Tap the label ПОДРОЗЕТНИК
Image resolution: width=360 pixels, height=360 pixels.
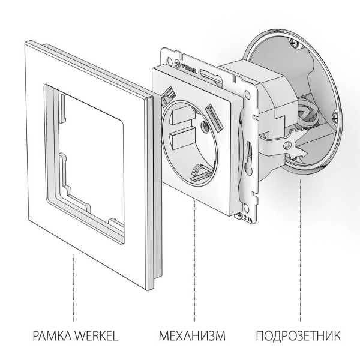(298, 333)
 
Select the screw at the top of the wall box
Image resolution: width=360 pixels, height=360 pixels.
(293, 44)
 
